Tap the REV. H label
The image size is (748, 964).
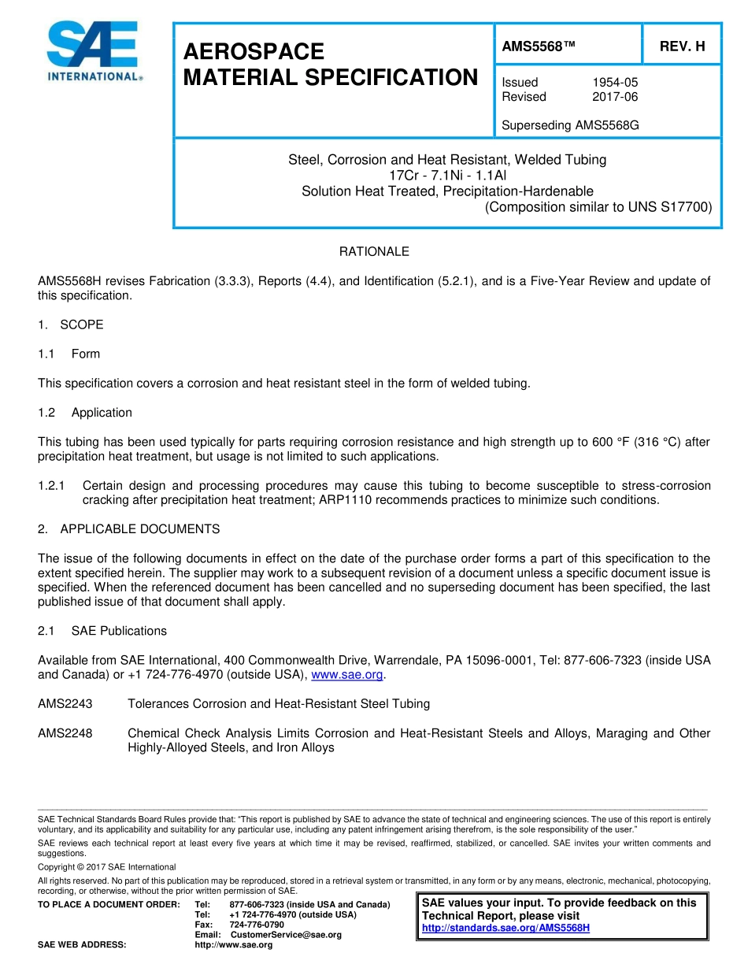click(682, 46)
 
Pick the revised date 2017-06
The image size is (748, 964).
click(614, 97)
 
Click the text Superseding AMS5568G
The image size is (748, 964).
click(569, 124)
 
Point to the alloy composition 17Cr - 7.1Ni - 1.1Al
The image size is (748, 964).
click(447, 176)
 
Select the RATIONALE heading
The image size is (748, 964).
click(374, 252)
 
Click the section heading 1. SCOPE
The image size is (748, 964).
click(71, 324)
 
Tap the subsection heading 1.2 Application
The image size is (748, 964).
click(85, 413)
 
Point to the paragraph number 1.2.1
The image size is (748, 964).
click(52, 486)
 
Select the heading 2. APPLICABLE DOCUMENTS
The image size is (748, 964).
click(129, 529)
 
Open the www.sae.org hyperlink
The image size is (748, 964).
click(347, 675)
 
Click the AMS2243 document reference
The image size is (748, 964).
click(65, 704)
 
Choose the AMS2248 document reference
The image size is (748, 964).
click(65, 733)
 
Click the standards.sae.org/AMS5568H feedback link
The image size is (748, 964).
click(505, 928)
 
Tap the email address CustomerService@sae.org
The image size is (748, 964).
click(286, 935)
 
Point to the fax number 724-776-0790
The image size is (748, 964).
click(257, 925)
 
